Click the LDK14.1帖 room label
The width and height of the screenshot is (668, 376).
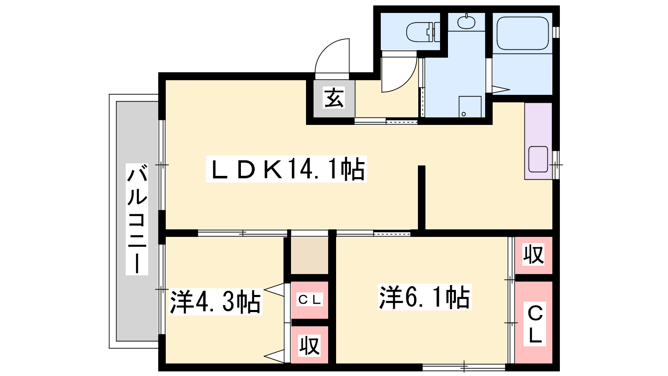coord(286,169)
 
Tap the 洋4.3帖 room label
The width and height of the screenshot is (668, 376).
coord(215,302)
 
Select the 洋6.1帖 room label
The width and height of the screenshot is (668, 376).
coord(425,297)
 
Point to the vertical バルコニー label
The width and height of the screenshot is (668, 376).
coord(137,219)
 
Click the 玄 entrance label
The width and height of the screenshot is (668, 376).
coord(334,98)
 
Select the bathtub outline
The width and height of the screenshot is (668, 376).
coord(522,33)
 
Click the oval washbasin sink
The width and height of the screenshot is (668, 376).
coord(466,21)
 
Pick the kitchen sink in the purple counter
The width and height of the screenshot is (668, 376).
coord(538,159)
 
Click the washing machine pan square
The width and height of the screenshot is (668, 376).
coord(470,107)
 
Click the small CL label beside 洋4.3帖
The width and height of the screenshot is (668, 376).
coord(309,300)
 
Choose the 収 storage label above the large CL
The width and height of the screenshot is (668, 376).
coord(534,254)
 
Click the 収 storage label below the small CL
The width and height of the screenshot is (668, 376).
coord(309,346)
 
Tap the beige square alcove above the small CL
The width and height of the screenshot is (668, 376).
coord(309,256)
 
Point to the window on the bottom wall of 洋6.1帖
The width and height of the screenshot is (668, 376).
coord(464,367)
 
